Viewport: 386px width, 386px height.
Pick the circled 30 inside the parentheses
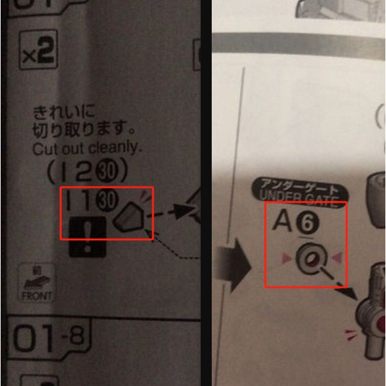pyautogui.click(x=108, y=172)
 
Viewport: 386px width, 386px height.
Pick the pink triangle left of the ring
pyautogui.click(x=282, y=259)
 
